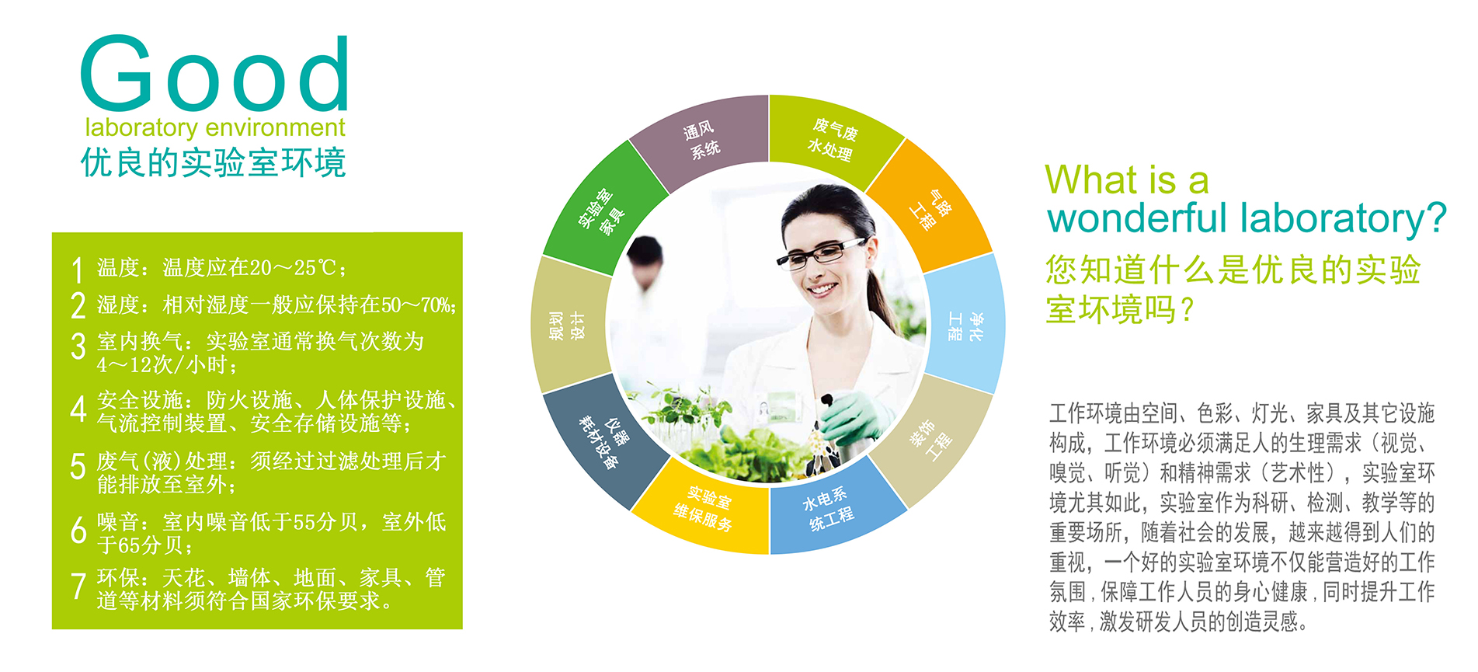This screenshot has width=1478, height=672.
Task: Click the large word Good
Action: (x=214, y=74)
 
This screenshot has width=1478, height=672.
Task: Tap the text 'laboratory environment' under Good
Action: (x=215, y=127)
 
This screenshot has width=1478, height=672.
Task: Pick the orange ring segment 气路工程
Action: (x=931, y=207)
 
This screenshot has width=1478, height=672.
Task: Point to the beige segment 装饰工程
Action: (x=931, y=441)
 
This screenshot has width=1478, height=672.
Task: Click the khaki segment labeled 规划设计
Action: (x=568, y=326)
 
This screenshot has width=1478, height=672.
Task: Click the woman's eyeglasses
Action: (x=819, y=253)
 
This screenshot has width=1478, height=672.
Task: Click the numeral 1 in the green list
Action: (x=77, y=270)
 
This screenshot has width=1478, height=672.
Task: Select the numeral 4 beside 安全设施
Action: (x=78, y=408)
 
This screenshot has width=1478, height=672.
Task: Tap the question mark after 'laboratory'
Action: (x=1436, y=218)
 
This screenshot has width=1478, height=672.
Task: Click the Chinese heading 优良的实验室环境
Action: (x=214, y=163)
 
